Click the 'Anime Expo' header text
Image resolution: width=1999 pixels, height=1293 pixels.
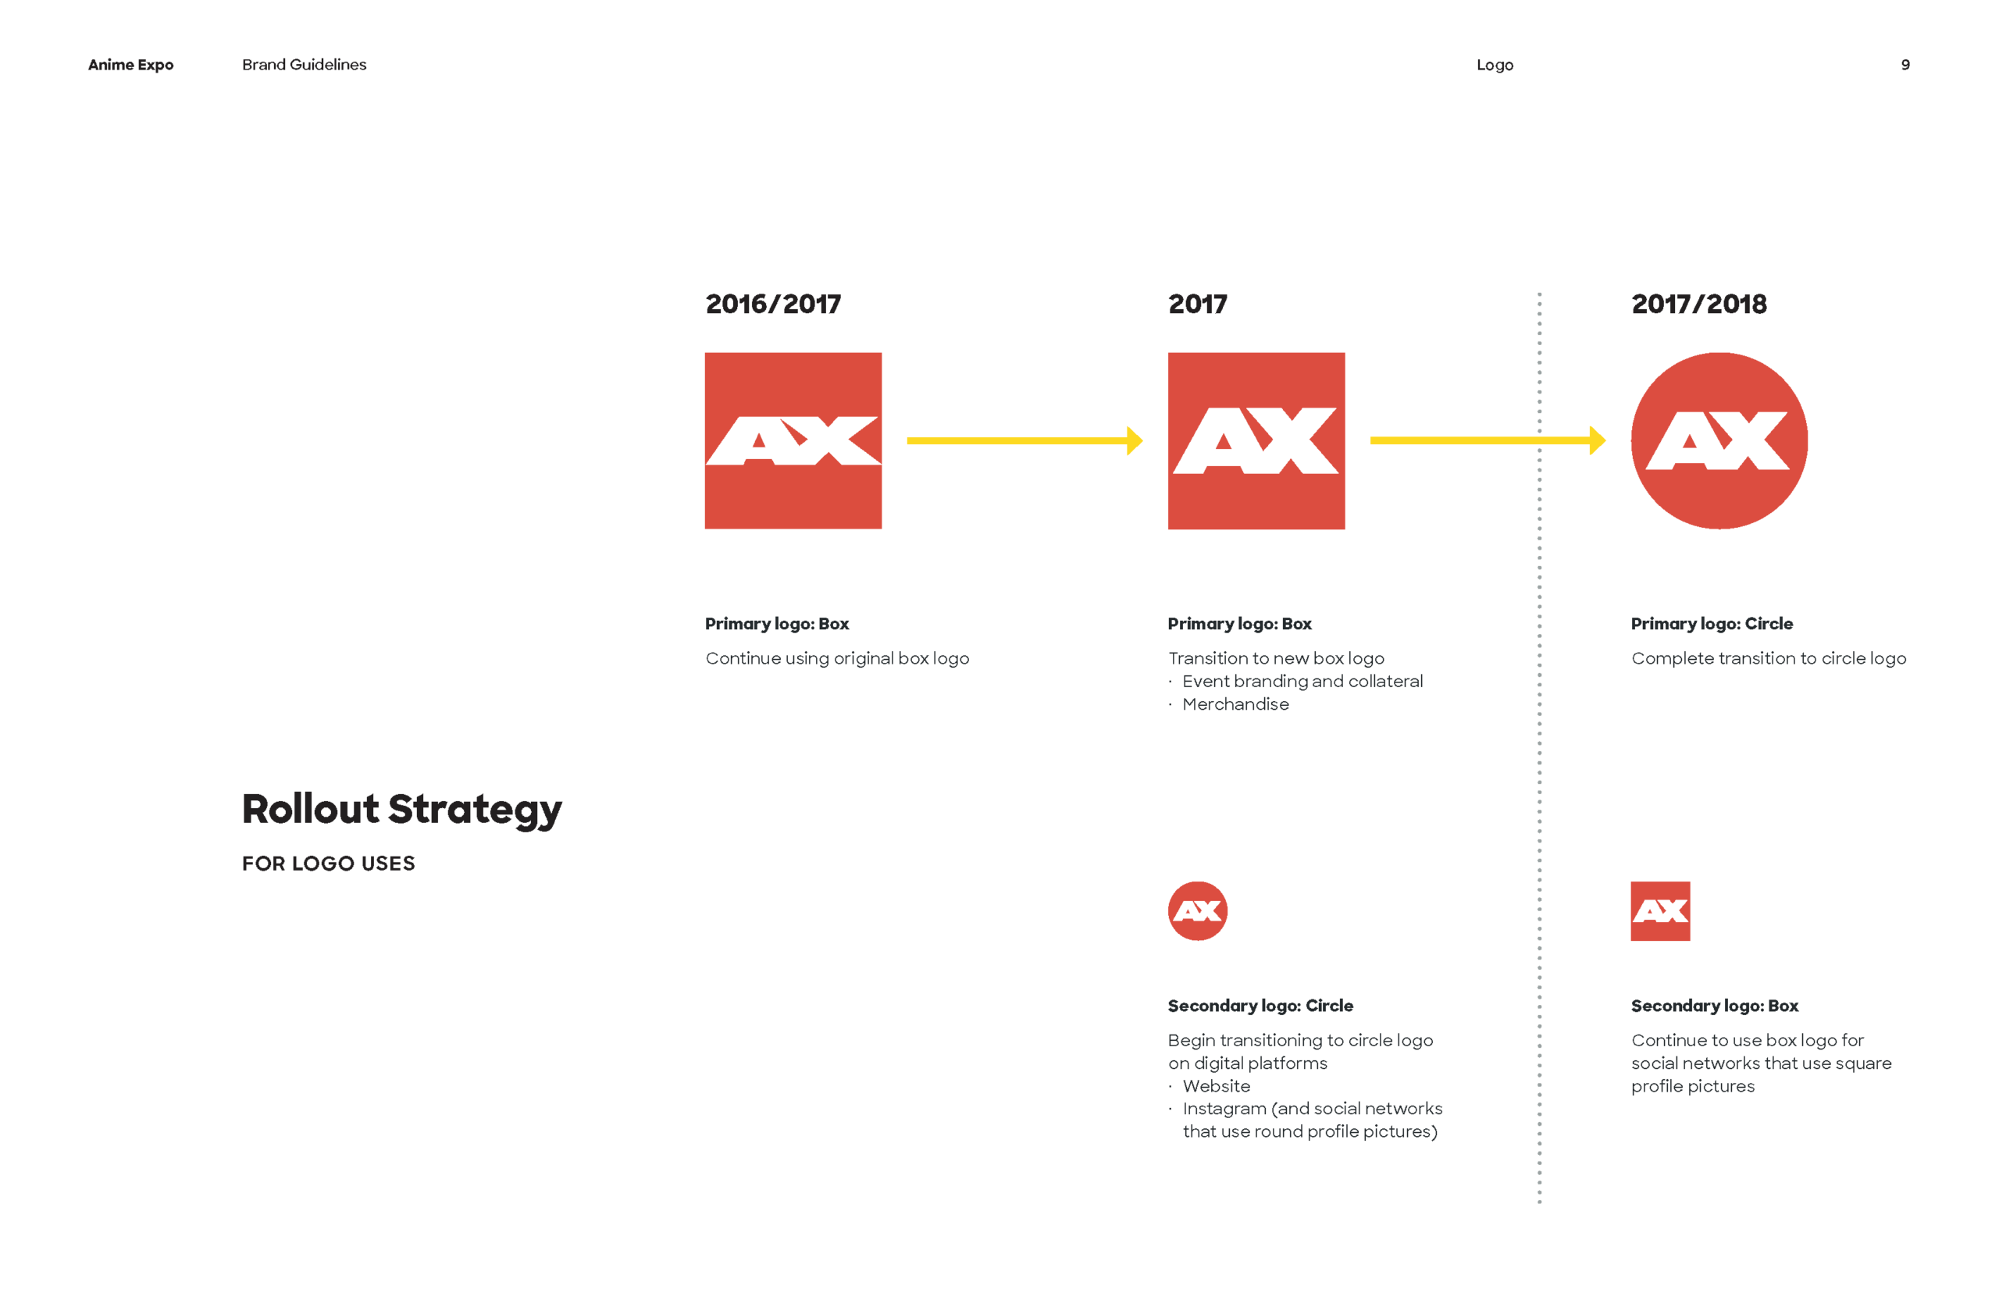tap(130, 65)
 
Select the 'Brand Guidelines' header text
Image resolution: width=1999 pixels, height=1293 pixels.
tap(304, 65)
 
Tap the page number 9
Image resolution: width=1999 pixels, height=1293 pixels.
tap(1905, 65)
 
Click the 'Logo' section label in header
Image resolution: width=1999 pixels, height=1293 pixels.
tap(1495, 65)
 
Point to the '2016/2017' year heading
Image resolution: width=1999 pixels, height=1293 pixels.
tap(772, 304)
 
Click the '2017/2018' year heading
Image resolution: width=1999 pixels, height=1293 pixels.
tap(1698, 304)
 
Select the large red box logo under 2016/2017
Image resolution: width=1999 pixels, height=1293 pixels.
tap(793, 441)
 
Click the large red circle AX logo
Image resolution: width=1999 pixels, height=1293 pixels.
tap(1719, 441)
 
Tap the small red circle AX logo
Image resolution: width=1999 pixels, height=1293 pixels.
tap(1197, 911)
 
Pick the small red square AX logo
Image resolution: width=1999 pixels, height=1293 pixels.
tap(1660, 911)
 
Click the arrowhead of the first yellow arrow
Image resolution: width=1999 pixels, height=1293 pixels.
tap(1135, 441)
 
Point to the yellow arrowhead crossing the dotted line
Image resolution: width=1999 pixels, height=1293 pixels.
tap(1597, 441)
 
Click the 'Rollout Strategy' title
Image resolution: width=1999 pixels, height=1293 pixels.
tap(401, 810)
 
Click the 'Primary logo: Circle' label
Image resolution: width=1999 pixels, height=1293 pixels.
tap(1711, 624)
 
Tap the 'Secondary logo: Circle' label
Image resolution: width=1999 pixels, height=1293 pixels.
tap(1260, 1006)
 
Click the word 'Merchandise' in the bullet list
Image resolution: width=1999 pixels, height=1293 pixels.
tap(1235, 704)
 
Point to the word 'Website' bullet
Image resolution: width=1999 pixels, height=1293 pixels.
tap(1216, 1086)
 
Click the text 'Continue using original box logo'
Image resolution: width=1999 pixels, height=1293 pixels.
tap(837, 658)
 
